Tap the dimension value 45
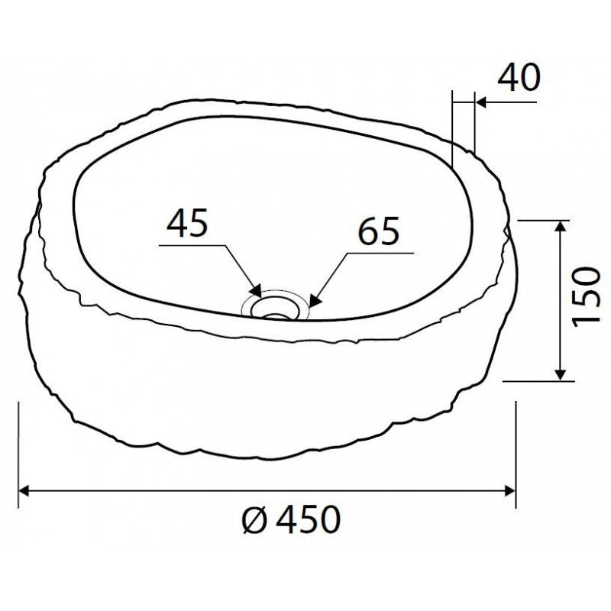click(x=189, y=225)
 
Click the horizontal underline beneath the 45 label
click(x=191, y=246)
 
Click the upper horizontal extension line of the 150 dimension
click(x=542, y=220)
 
